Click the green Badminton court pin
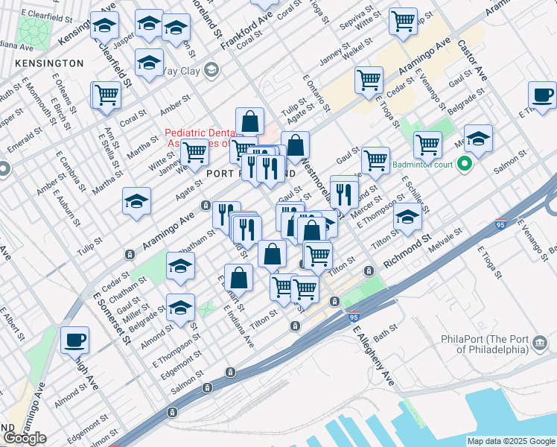click(x=466, y=164)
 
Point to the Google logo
click(x=25, y=438)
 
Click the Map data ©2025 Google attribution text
click(x=511, y=440)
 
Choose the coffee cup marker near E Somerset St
click(x=74, y=340)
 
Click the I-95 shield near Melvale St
click(x=501, y=223)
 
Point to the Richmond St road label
click(x=407, y=253)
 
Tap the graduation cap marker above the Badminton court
click(x=478, y=139)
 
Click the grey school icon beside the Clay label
click(x=211, y=71)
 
